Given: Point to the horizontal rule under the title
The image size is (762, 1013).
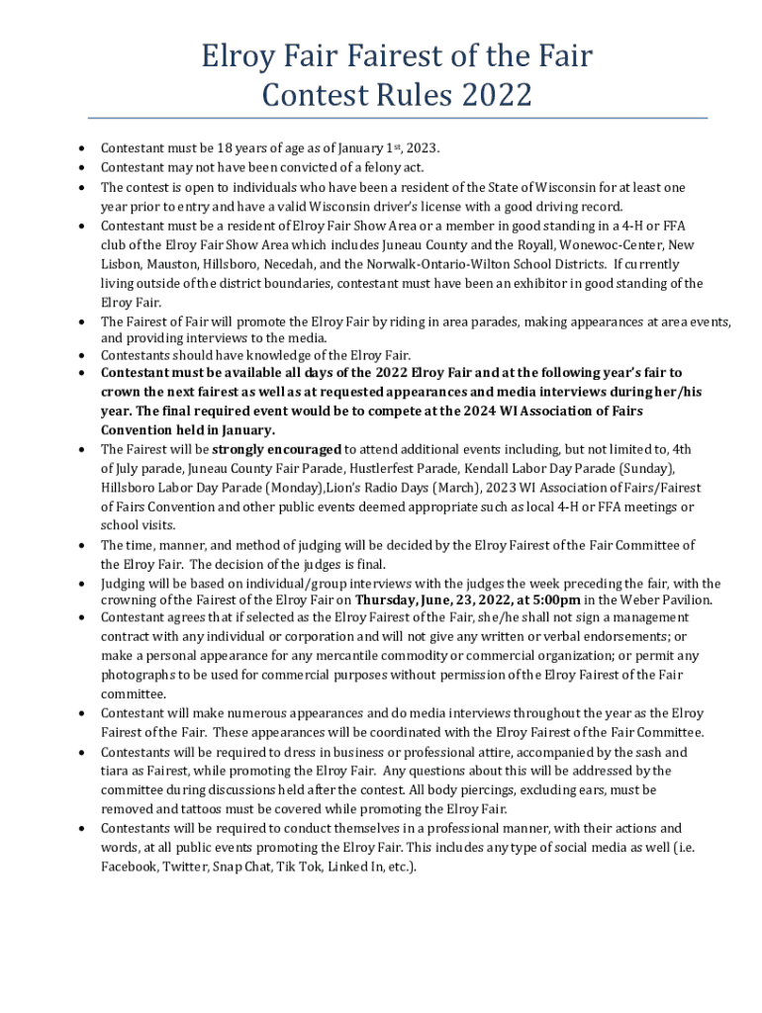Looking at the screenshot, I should pyautogui.click(x=381, y=119).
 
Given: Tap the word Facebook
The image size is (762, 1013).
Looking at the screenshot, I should pyautogui.click(x=129, y=866).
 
